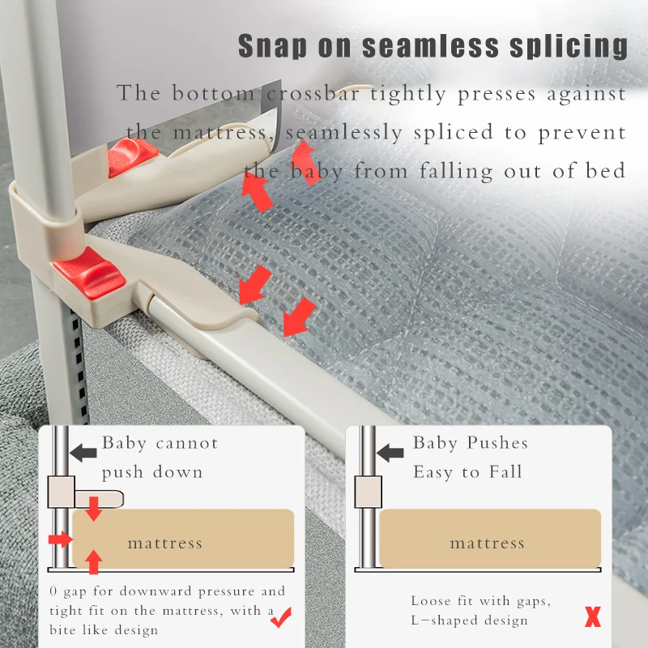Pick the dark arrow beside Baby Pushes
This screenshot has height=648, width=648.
pyautogui.click(x=390, y=451)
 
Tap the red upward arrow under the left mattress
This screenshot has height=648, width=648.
pyautogui.click(x=95, y=561)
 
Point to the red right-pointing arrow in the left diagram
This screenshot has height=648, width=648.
pyautogui.click(x=59, y=539)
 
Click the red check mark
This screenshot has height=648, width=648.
pyautogui.click(x=281, y=620)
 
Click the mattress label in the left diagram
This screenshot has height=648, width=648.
pyautogui.click(x=164, y=543)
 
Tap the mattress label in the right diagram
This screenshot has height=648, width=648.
pyautogui.click(x=487, y=543)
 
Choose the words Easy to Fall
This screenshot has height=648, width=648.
pyautogui.click(x=467, y=472)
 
